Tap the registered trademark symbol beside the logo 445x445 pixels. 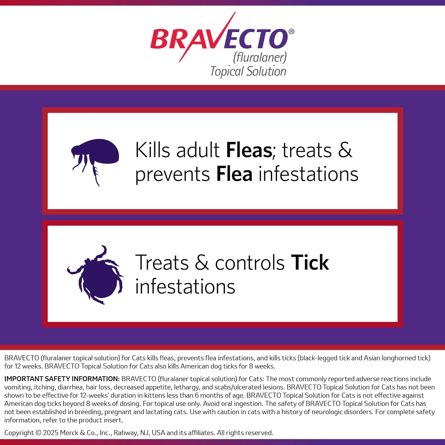click(291, 31)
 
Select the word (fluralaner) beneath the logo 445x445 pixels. click(260, 57)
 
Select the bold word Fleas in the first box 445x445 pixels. click(249, 150)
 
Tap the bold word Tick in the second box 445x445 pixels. click(310, 263)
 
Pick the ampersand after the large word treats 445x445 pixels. click(345, 150)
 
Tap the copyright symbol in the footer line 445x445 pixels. click(39, 433)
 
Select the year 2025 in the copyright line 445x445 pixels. click(51, 433)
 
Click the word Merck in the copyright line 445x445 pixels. click(69, 433)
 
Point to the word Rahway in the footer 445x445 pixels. click(126, 433)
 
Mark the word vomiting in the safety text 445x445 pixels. click(18, 387)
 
